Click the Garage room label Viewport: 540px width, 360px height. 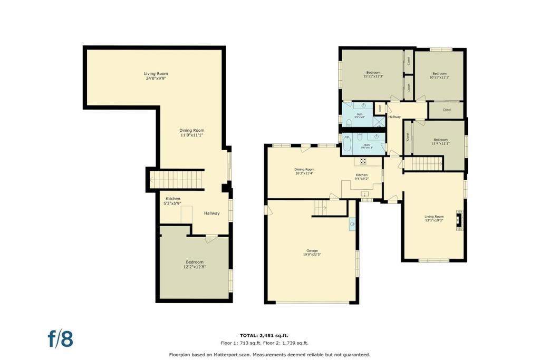click(x=310, y=252)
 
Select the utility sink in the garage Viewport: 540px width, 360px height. click(x=352, y=224)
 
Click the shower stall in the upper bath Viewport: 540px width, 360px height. click(x=379, y=122)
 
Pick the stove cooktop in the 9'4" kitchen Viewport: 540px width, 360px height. click(x=363, y=161)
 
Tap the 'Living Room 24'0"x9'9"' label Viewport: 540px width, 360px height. click(x=156, y=76)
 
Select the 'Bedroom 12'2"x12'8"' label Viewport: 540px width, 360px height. click(x=194, y=265)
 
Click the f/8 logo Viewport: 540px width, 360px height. click(x=61, y=338)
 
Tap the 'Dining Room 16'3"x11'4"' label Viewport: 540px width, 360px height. click(x=304, y=171)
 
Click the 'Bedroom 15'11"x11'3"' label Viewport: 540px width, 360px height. click(x=373, y=74)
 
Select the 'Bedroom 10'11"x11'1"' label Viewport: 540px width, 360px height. click(x=439, y=75)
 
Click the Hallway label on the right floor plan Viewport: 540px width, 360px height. click(x=394, y=117)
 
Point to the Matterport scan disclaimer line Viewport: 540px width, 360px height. click(x=269, y=354)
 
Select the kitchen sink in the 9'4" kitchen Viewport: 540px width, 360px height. click(x=365, y=194)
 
